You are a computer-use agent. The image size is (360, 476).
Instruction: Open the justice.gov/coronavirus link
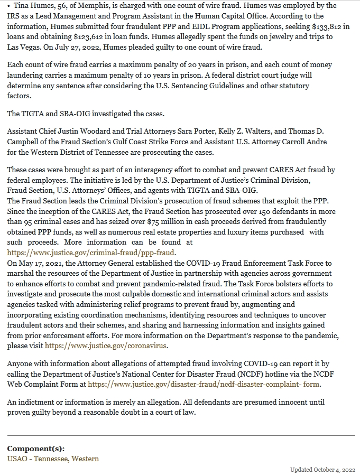pos(106,346)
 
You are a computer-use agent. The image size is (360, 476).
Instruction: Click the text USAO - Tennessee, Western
pos(53,459)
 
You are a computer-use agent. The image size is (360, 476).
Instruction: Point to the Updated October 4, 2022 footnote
pos(322,470)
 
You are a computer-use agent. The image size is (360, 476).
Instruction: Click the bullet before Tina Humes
pos(10,5)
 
